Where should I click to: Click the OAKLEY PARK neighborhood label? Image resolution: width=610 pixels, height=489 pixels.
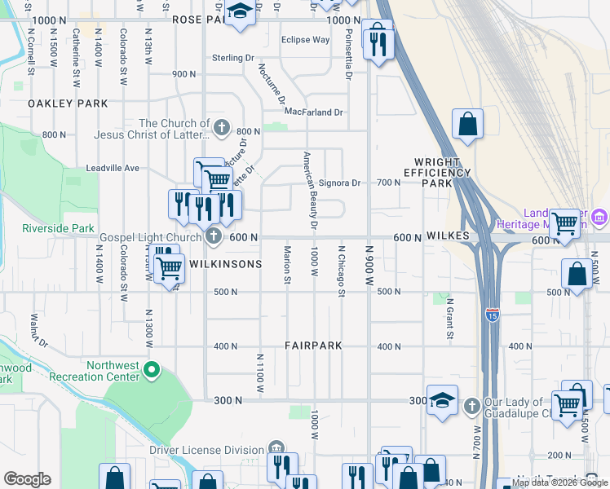click(x=68, y=104)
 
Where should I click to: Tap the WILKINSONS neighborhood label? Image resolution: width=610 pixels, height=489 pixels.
click(x=225, y=264)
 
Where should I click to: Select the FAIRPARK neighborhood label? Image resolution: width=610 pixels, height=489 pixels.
click(x=313, y=346)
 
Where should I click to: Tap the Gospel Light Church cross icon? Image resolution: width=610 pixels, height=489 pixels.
click(x=214, y=237)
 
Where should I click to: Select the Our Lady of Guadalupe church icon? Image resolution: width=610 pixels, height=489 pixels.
click(x=471, y=406)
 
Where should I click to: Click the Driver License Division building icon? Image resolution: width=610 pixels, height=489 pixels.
click(x=276, y=449)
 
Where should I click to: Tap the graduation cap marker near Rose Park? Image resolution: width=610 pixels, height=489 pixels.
click(x=239, y=12)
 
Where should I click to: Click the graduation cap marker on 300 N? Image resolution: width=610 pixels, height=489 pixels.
click(x=442, y=400)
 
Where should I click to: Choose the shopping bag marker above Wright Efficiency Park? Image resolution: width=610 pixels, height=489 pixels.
click(x=468, y=125)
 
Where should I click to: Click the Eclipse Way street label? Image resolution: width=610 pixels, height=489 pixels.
click(x=305, y=39)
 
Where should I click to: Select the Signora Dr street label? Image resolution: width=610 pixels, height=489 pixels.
click(x=339, y=183)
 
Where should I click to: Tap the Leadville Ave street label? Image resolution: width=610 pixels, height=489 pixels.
click(x=113, y=168)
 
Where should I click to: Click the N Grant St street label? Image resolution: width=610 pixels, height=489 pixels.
click(x=449, y=319)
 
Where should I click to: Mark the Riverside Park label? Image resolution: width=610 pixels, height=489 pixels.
click(x=58, y=228)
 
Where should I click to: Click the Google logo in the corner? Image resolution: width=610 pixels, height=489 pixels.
click(x=27, y=479)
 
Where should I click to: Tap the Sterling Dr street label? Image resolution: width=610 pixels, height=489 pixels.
click(x=233, y=58)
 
